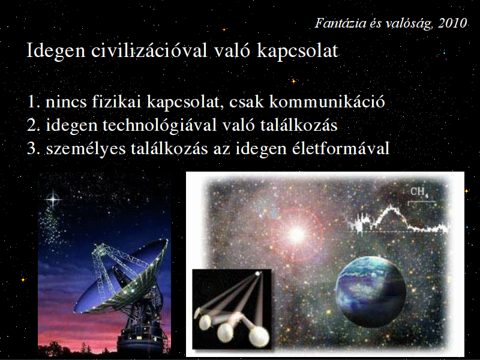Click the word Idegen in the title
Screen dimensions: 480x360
pyautogui.click(x=56, y=51)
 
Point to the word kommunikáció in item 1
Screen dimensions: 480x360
pyautogui.click(x=327, y=101)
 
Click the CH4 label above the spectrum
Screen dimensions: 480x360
pyautogui.click(x=419, y=192)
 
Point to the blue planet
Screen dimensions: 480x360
pyautogui.click(x=371, y=292)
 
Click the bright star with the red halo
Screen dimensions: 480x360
pyautogui.click(x=296, y=235)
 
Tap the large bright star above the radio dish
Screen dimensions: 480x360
pyautogui.click(x=53, y=199)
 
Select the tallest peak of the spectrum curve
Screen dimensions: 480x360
pyautogui.click(x=391, y=206)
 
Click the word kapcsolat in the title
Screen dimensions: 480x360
pyautogui.click(x=298, y=51)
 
